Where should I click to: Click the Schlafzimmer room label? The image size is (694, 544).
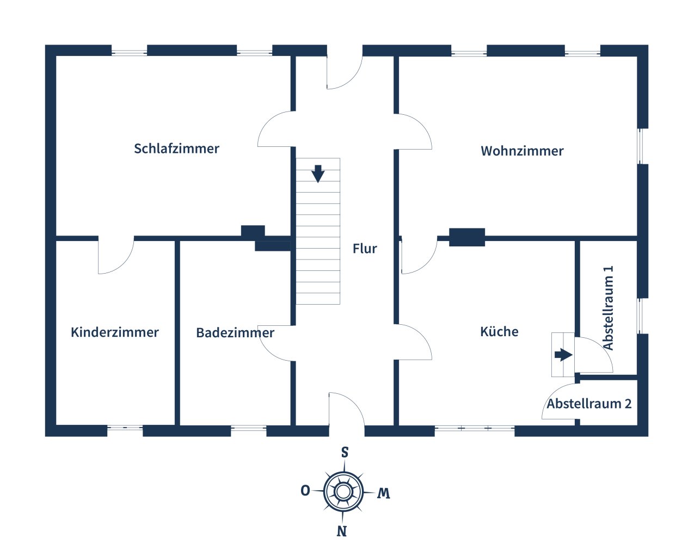point(176,149)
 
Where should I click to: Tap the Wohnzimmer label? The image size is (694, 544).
point(522,151)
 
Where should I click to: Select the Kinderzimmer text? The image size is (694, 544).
point(115,332)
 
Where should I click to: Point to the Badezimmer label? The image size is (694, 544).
point(235,333)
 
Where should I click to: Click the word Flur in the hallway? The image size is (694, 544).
point(365,249)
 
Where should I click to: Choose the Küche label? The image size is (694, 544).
point(499,332)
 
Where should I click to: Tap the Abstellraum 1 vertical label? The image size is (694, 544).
point(609,308)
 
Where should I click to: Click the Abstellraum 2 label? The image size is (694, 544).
point(589,404)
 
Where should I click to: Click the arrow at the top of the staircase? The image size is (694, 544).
point(318,174)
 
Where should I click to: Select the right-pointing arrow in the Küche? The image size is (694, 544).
point(563,355)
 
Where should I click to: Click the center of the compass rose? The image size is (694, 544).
point(343,492)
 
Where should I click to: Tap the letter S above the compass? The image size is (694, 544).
point(345,453)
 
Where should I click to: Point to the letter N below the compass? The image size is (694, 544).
point(342,531)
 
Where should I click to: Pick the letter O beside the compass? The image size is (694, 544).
point(305,491)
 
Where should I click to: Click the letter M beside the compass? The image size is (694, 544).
point(384,493)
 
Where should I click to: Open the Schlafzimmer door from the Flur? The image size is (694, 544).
point(275,129)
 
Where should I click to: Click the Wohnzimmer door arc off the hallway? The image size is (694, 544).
point(414,132)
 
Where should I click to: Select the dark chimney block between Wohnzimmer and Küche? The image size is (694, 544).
point(467,237)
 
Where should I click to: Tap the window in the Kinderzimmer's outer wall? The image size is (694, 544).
point(125,428)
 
